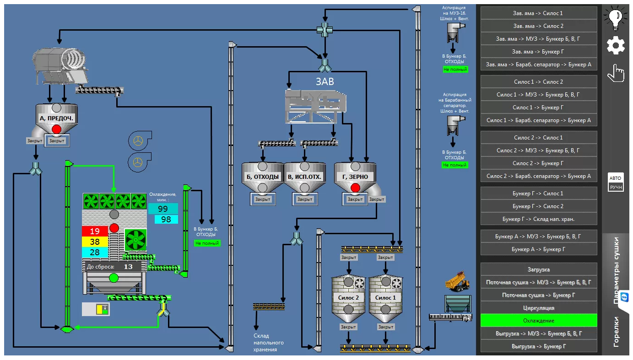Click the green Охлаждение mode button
click(539, 321)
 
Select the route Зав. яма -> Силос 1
click(539, 13)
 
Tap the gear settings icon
click(616, 45)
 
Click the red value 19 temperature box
click(95, 231)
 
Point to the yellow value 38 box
click(95, 242)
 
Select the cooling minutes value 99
click(163, 209)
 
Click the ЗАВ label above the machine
click(325, 82)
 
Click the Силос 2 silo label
click(348, 298)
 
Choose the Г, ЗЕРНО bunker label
click(355, 177)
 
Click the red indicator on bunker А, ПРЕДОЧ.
click(56, 129)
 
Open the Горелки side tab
click(616, 332)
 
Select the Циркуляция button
click(539, 308)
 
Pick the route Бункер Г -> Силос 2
click(539, 206)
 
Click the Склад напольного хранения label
click(268, 343)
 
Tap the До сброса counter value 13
click(128, 267)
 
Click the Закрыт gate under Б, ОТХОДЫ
click(263, 199)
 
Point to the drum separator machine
click(60, 66)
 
